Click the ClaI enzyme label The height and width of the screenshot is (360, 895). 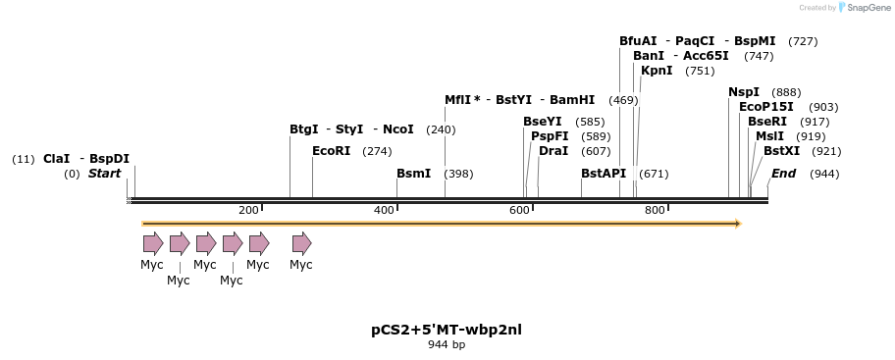[x=56, y=159]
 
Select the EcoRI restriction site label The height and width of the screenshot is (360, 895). [x=331, y=151]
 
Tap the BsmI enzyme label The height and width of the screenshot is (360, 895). [x=413, y=174]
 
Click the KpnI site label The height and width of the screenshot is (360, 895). [x=657, y=71]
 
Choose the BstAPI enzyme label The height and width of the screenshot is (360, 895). [x=603, y=174]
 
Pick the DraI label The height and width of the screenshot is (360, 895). [x=553, y=151]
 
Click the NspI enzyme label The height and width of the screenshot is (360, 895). [x=744, y=92]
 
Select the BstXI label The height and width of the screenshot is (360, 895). [x=781, y=151]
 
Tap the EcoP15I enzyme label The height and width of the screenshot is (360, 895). [x=766, y=107]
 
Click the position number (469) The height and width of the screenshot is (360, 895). [x=623, y=100]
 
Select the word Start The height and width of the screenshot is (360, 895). [x=104, y=174]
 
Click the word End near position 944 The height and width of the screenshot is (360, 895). [x=783, y=174]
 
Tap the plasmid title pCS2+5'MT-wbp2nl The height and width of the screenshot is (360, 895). [x=447, y=330]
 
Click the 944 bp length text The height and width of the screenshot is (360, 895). [x=447, y=345]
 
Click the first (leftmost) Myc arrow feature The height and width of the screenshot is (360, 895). [x=152, y=242]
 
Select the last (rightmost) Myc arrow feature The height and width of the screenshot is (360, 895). [x=301, y=242]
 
